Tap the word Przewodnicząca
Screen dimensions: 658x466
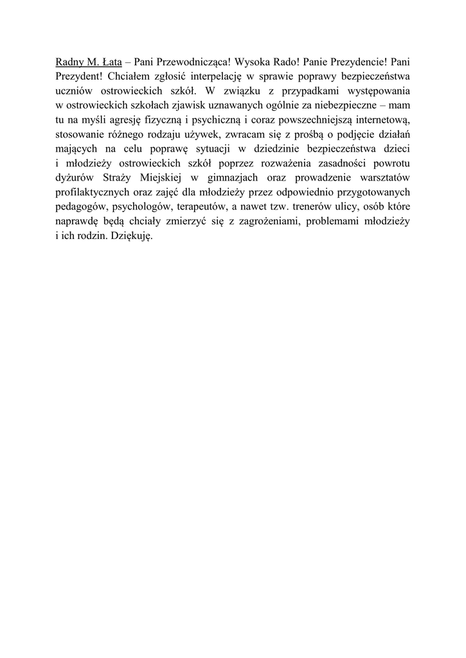click(x=186, y=63)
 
